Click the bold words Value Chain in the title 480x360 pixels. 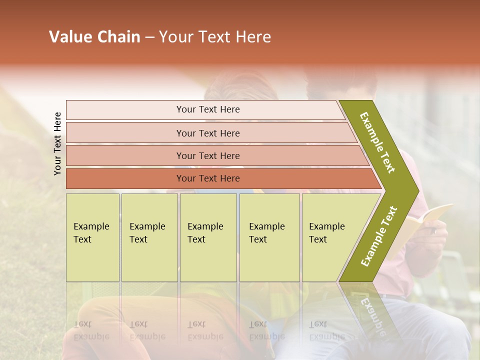94,37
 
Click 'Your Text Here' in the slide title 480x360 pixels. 215,37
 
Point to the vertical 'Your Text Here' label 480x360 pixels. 57,143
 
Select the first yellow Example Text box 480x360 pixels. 92,237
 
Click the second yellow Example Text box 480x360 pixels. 149,237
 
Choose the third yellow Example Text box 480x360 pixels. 208,237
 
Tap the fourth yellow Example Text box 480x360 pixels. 269,237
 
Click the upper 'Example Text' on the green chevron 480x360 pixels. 377,142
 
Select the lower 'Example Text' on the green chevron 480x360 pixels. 379,236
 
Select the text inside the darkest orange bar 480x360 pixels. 208,178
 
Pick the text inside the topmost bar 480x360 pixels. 208,109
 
